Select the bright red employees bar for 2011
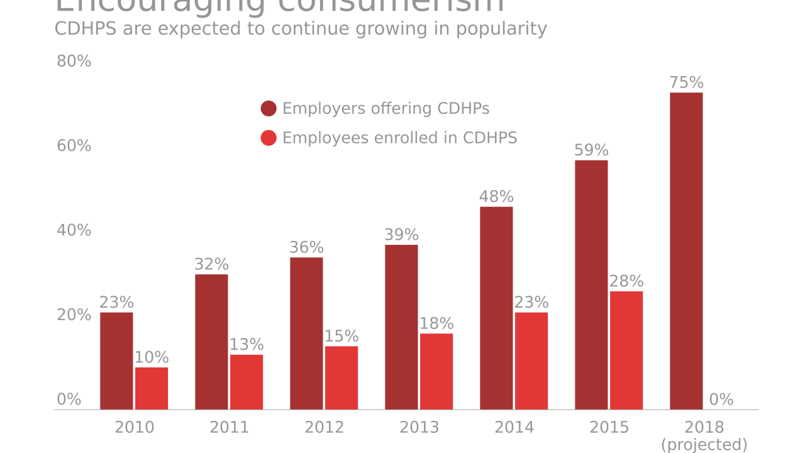coord(247,382)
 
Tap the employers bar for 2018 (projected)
coord(686,251)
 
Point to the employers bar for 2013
coord(401,327)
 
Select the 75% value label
coord(686,83)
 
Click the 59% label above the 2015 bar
coord(591,151)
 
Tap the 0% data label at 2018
coord(721,400)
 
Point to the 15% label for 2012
coord(341,337)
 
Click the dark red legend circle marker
coord(269,109)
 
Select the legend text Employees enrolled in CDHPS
coord(399,138)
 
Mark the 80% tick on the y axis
coord(74,62)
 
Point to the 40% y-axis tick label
coord(74,231)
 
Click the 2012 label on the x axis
coord(325,428)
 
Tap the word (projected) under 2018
coord(704,445)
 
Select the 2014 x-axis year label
coord(514,428)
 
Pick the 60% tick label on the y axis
coord(74,146)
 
